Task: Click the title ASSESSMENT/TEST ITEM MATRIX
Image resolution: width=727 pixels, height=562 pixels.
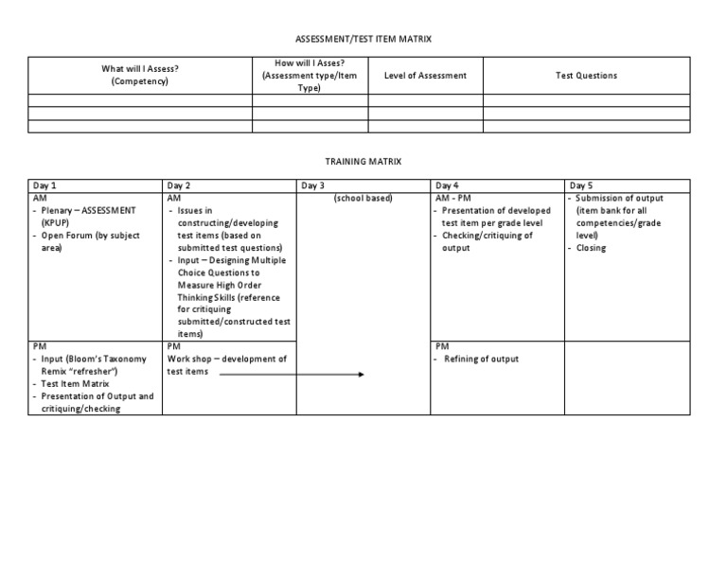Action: (x=363, y=39)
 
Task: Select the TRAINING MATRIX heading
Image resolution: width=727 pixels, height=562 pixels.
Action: (x=363, y=162)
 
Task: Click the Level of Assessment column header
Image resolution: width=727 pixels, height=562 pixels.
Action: (x=425, y=76)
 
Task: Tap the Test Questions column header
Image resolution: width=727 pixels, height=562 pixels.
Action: (x=586, y=76)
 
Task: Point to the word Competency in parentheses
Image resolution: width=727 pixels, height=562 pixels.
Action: (x=140, y=81)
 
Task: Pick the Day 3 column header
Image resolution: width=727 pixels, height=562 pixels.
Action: (x=313, y=185)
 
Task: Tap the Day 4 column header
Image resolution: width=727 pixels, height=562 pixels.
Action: (x=448, y=185)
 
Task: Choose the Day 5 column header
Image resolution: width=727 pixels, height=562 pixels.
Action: (x=581, y=185)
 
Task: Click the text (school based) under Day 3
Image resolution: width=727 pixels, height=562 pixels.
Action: (x=363, y=198)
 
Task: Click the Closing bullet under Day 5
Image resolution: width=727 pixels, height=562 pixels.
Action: (x=592, y=248)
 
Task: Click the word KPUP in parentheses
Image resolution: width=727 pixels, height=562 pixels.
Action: (x=56, y=223)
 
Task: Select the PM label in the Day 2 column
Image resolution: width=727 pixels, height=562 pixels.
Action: (x=173, y=347)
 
